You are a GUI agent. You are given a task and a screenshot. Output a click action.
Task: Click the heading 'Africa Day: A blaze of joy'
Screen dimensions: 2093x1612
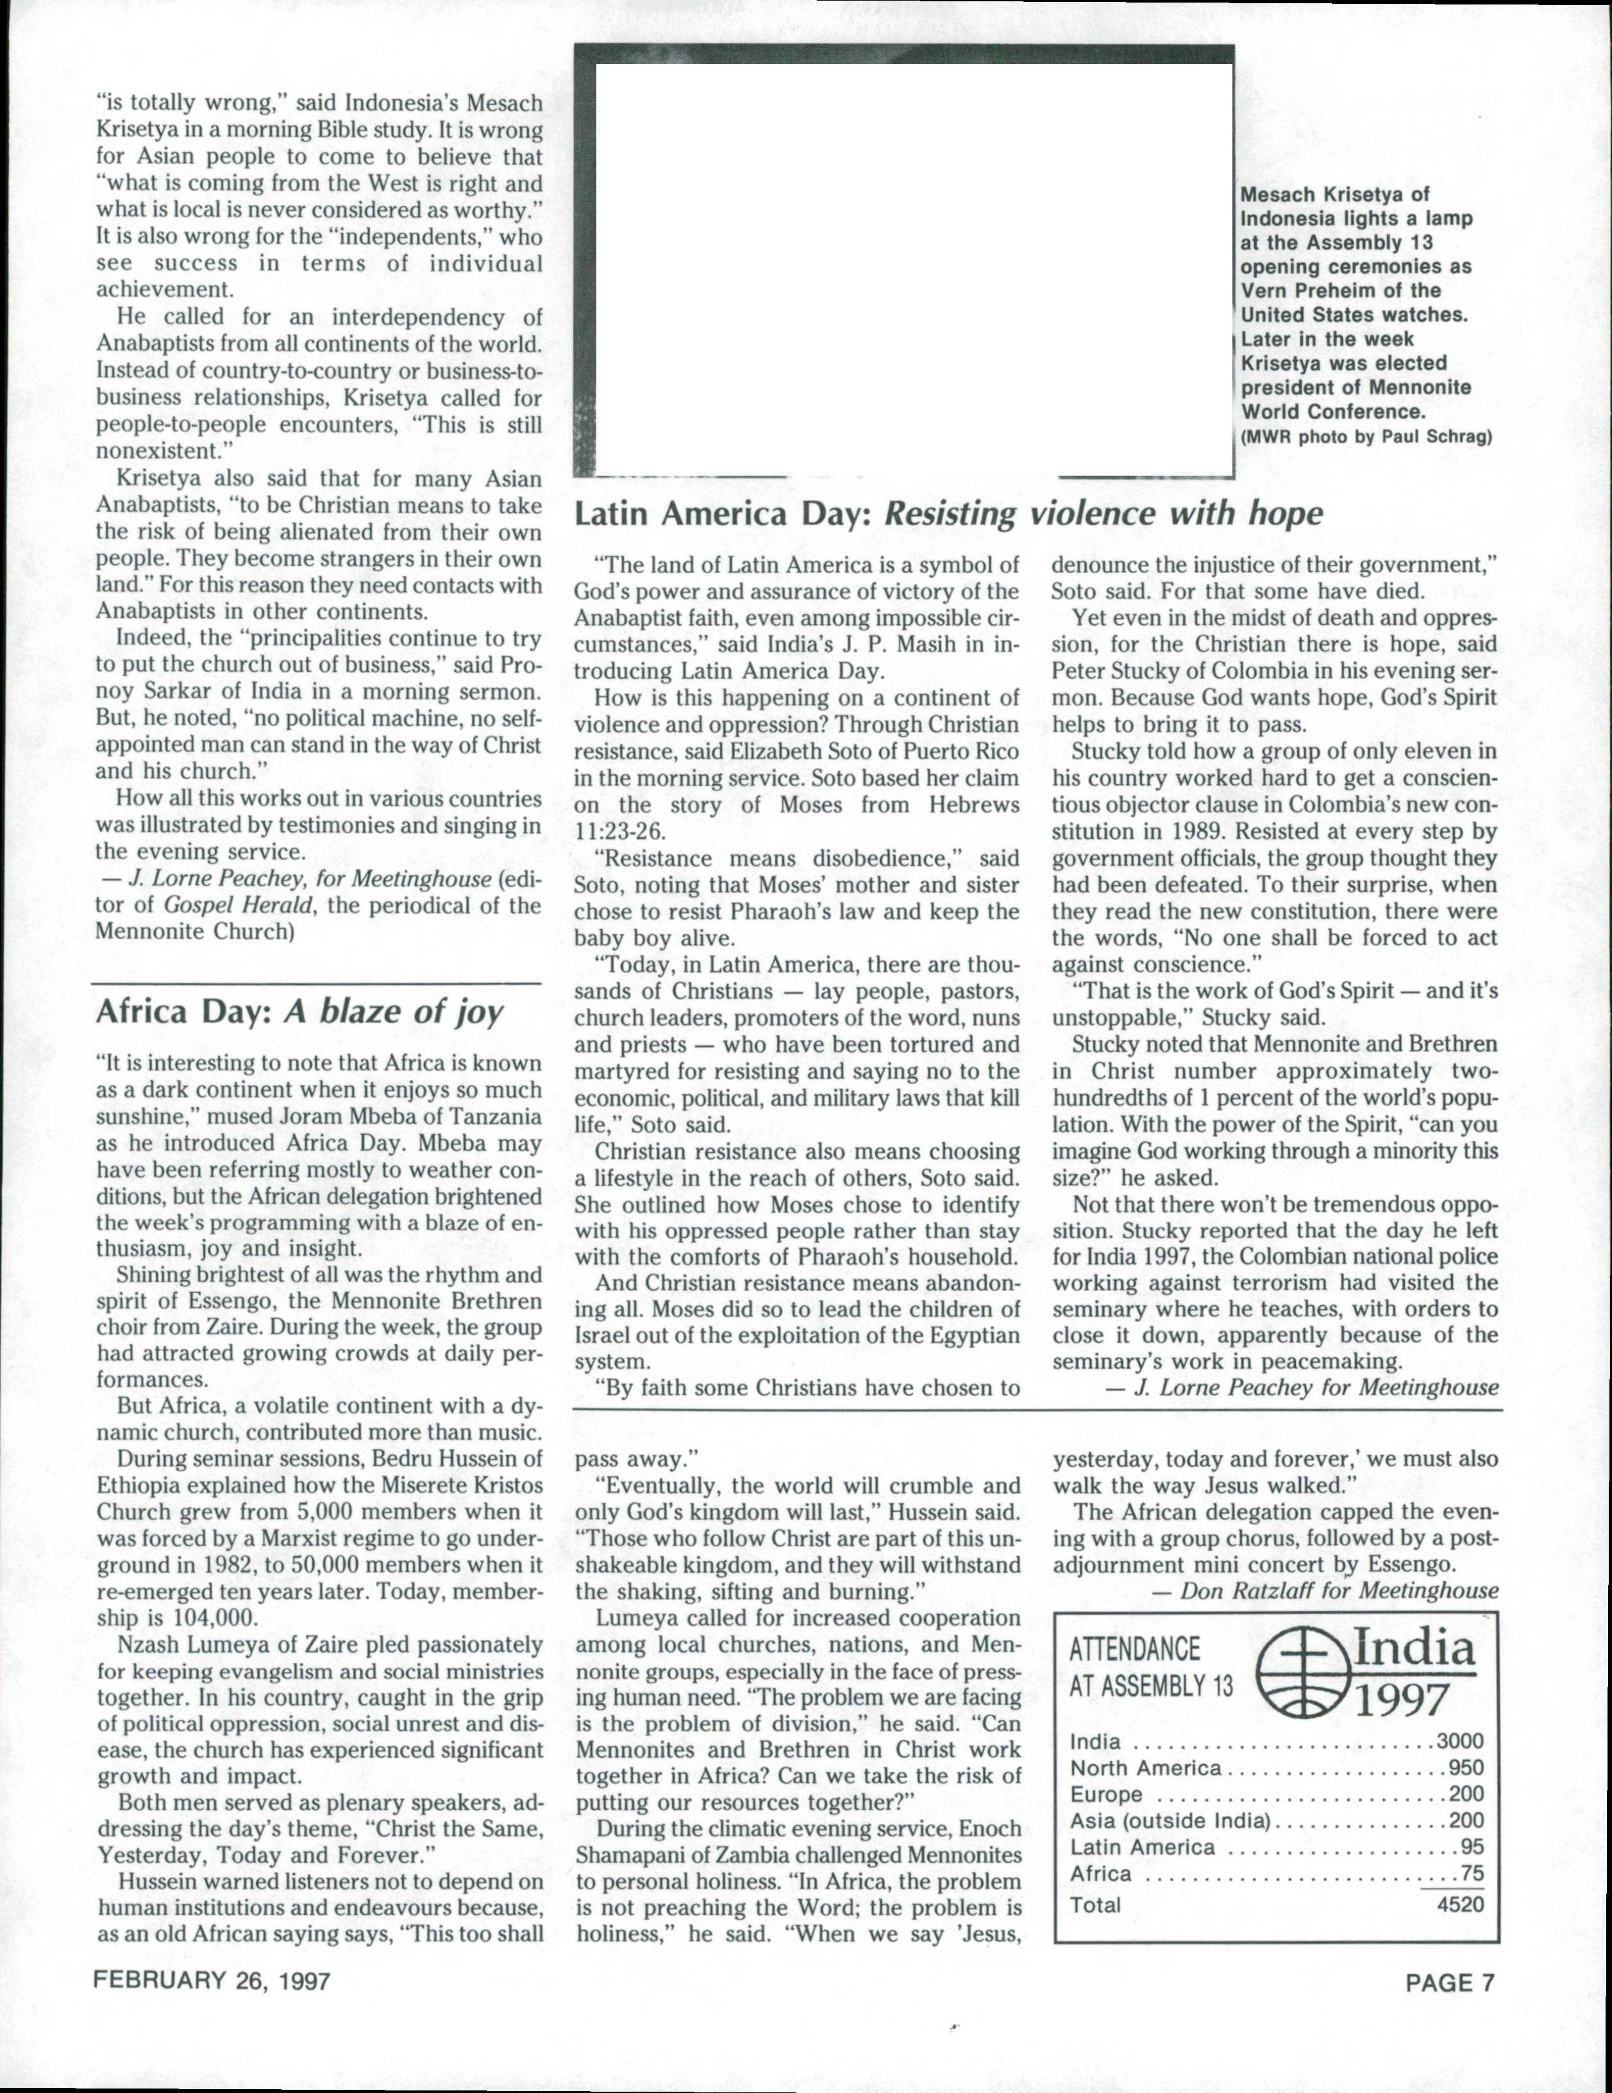[299, 1013]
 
